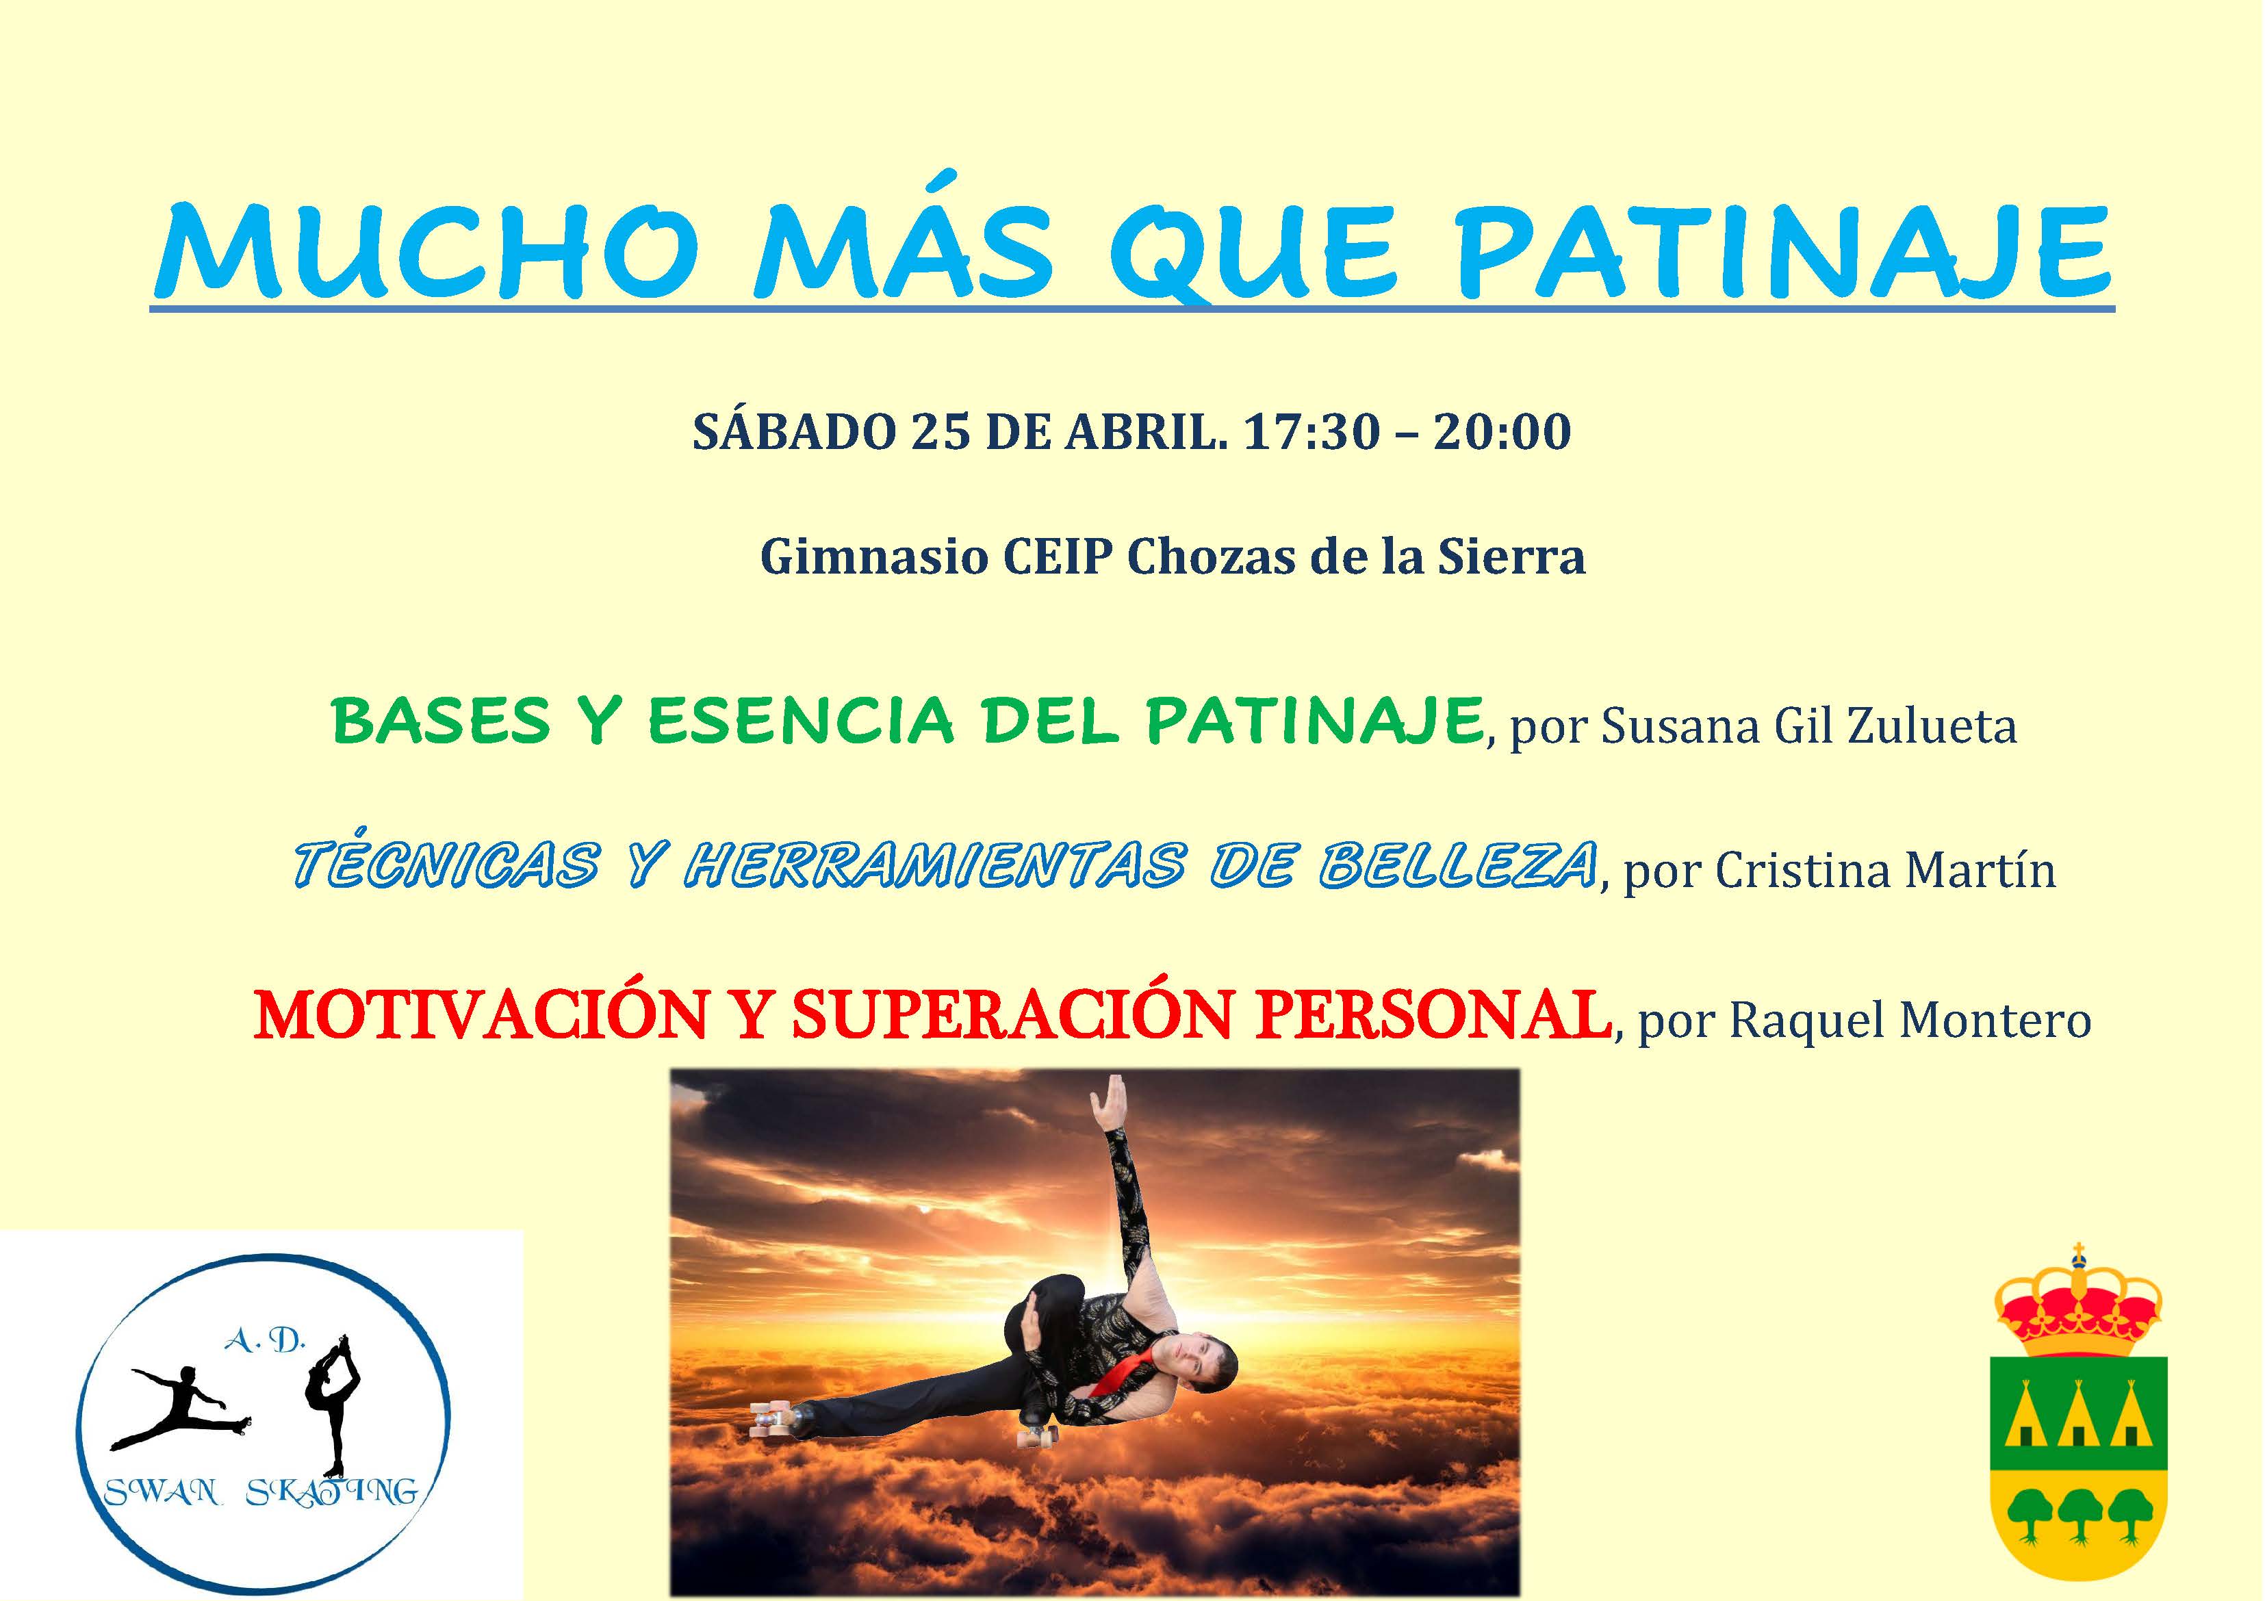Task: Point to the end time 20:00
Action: (x=1502, y=431)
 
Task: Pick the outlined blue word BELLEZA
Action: (x=1457, y=866)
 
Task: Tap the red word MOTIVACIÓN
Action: (x=481, y=1014)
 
